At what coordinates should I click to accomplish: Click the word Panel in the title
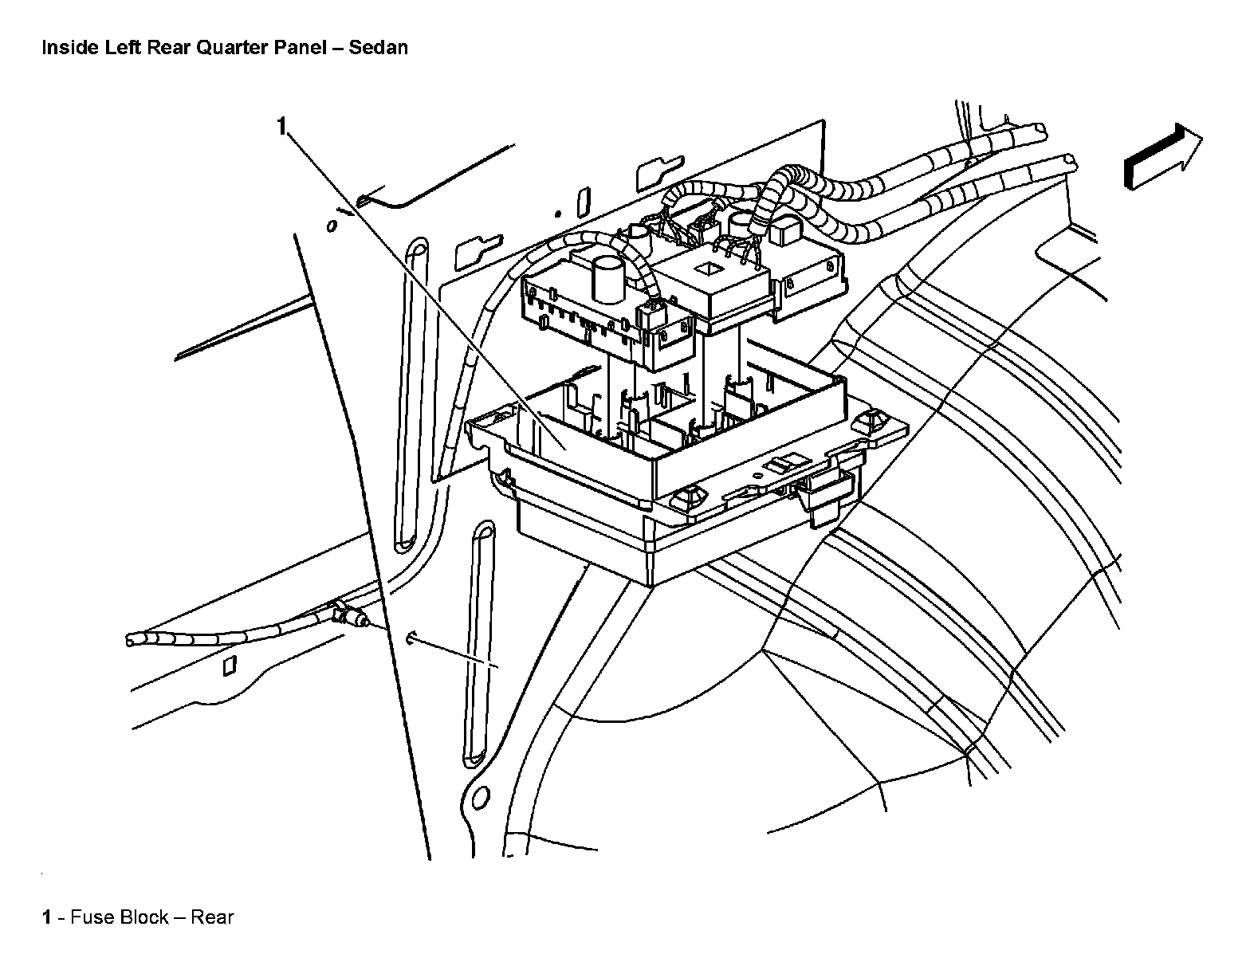tap(303, 48)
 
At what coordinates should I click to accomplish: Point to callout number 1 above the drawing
tap(281, 126)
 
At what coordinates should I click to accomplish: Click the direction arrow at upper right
tap(1160, 158)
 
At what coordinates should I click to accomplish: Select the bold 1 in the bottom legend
tap(47, 917)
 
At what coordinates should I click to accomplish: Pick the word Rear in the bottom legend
tap(212, 917)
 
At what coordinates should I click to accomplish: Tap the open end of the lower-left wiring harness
tap(131, 639)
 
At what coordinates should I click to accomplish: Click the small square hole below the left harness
tap(230, 665)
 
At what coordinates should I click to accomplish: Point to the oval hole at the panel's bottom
tap(480, 799)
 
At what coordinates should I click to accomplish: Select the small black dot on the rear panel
tap(557, 214)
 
